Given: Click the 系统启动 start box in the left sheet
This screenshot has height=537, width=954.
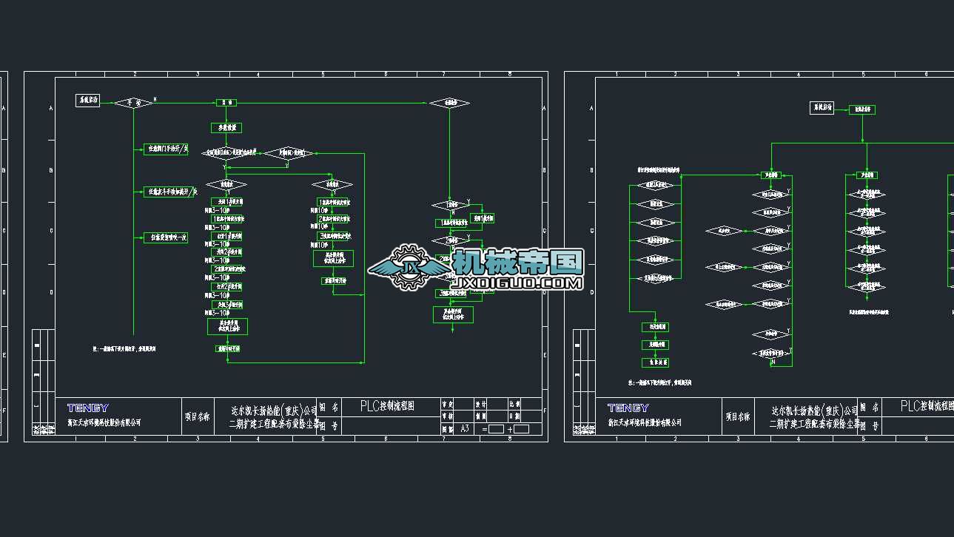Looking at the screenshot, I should pos(89,101).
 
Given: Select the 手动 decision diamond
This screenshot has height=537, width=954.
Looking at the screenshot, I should pos(133,102).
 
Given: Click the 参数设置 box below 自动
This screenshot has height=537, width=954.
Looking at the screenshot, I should pos(226,128).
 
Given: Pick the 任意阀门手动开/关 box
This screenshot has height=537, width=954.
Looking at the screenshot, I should pos(166,149).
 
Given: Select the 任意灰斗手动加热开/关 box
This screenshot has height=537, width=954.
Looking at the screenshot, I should pos(169,192).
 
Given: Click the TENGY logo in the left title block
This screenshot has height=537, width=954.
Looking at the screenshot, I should pos(88,408).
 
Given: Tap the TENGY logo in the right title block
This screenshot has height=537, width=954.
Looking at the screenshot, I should pos(628,408).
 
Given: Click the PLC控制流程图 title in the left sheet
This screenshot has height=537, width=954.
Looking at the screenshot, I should pos(387,406).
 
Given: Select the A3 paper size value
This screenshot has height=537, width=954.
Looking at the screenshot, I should pos(465,428).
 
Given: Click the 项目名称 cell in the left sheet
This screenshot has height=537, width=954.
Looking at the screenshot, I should pos(197,417).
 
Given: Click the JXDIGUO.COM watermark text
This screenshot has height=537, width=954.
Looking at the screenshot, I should pos(517,283).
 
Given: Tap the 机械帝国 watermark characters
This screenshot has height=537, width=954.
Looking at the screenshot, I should pos(518,261).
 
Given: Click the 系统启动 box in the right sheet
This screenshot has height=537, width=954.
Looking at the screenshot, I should pos(822,108).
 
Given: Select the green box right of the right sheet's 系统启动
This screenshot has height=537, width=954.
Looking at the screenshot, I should pos(861,109).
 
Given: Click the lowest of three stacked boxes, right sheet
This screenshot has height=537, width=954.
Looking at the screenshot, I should pos(655,362).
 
